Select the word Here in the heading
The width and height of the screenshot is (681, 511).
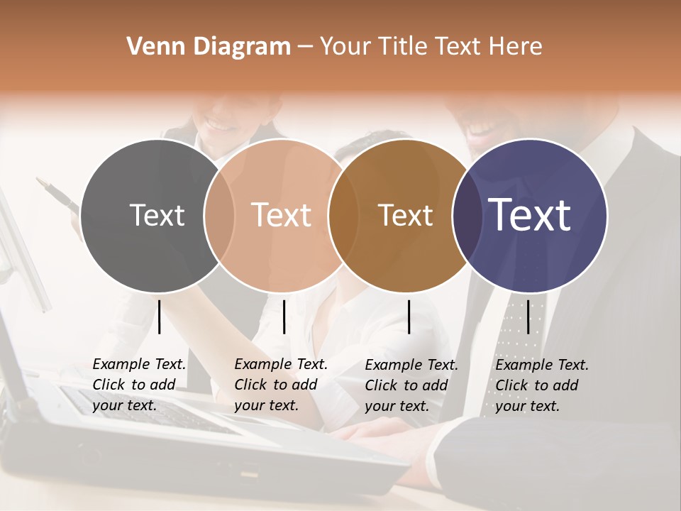pos(516,47)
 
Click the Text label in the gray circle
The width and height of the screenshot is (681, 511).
pos(157,215)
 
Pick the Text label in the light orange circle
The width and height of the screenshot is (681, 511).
pos(281,215)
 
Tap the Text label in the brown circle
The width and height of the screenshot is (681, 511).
pos(405,215)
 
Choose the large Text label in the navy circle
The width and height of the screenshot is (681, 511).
pos(529,215)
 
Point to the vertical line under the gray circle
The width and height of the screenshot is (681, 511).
pos(160,317)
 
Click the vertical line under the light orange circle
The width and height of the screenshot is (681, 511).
pos(284,317)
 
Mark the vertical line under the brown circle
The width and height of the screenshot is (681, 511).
pos(409,317)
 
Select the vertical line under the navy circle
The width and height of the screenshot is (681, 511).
pos(528,317)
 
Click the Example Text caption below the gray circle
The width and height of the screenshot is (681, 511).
pos(139,385)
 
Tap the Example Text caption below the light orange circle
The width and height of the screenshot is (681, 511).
pos(281,385)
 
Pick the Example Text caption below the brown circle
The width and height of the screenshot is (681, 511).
pos(411,385)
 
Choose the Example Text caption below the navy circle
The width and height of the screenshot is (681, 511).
pos(542,385)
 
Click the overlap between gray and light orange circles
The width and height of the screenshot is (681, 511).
pos(219,215)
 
